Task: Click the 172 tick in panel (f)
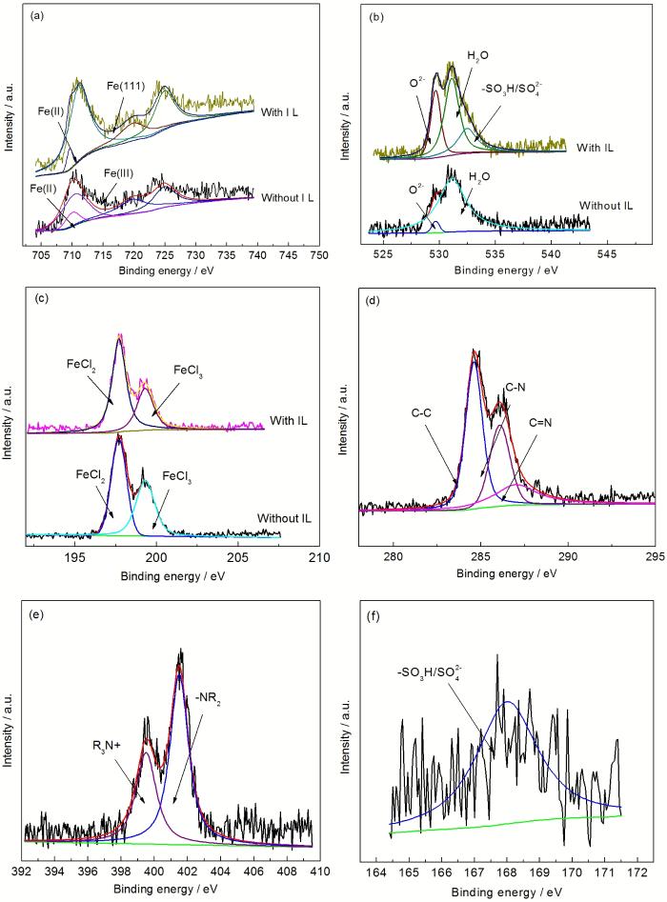(637, 871)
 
